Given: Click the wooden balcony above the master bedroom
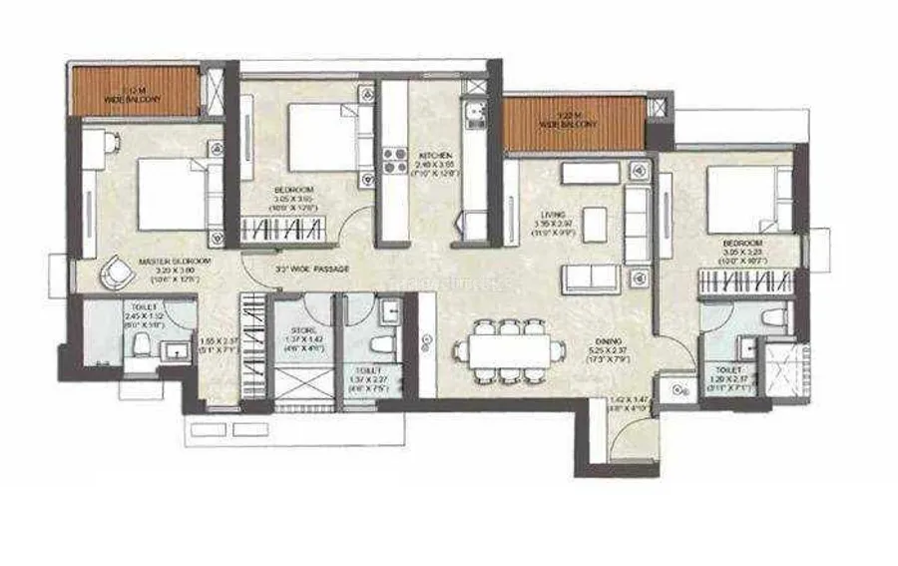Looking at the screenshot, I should pos(134,92).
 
